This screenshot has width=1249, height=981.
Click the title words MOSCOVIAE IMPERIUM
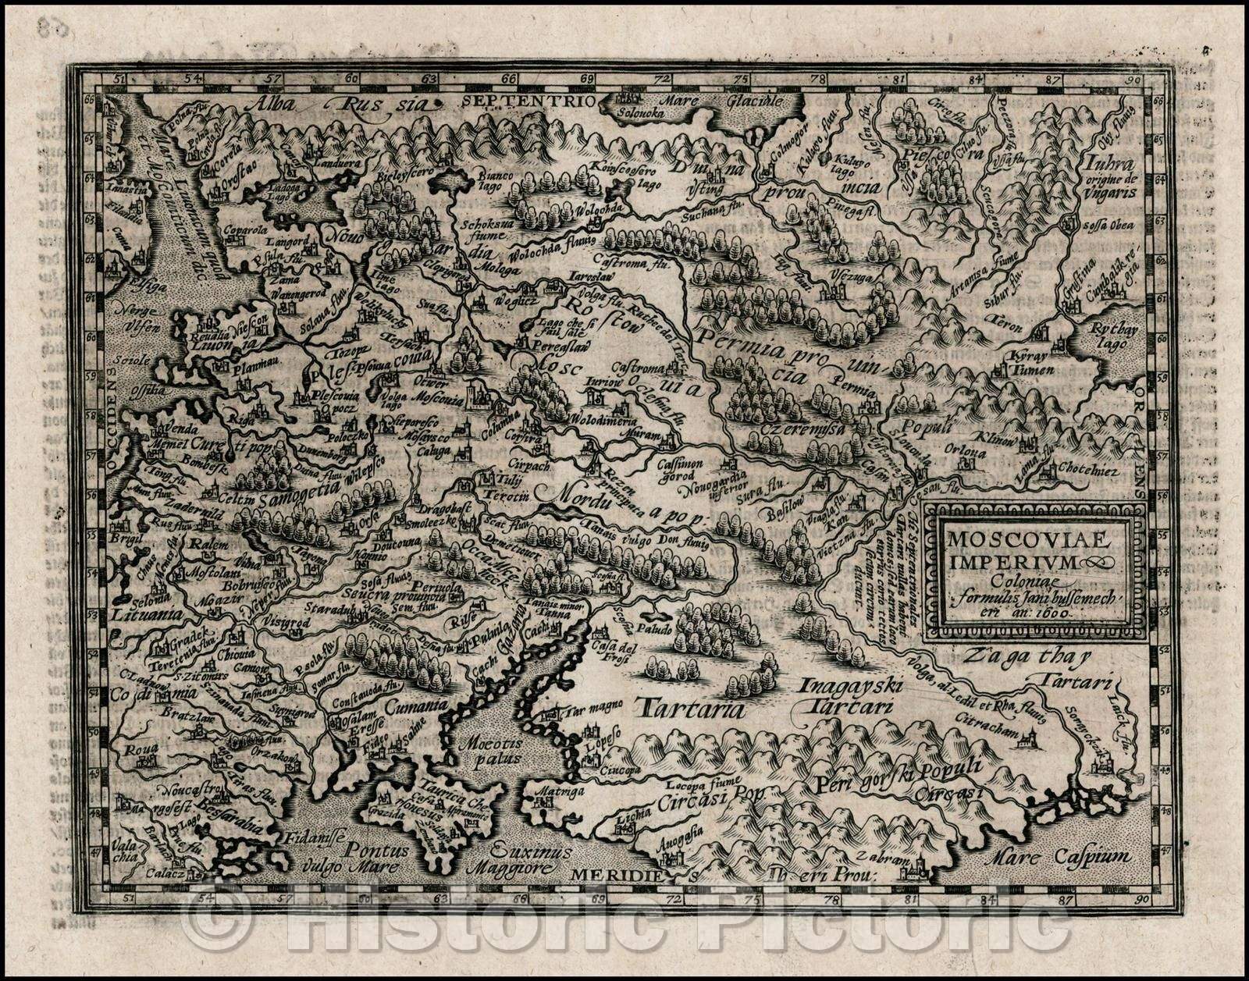pyautogui.click(x=1015, y=551)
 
